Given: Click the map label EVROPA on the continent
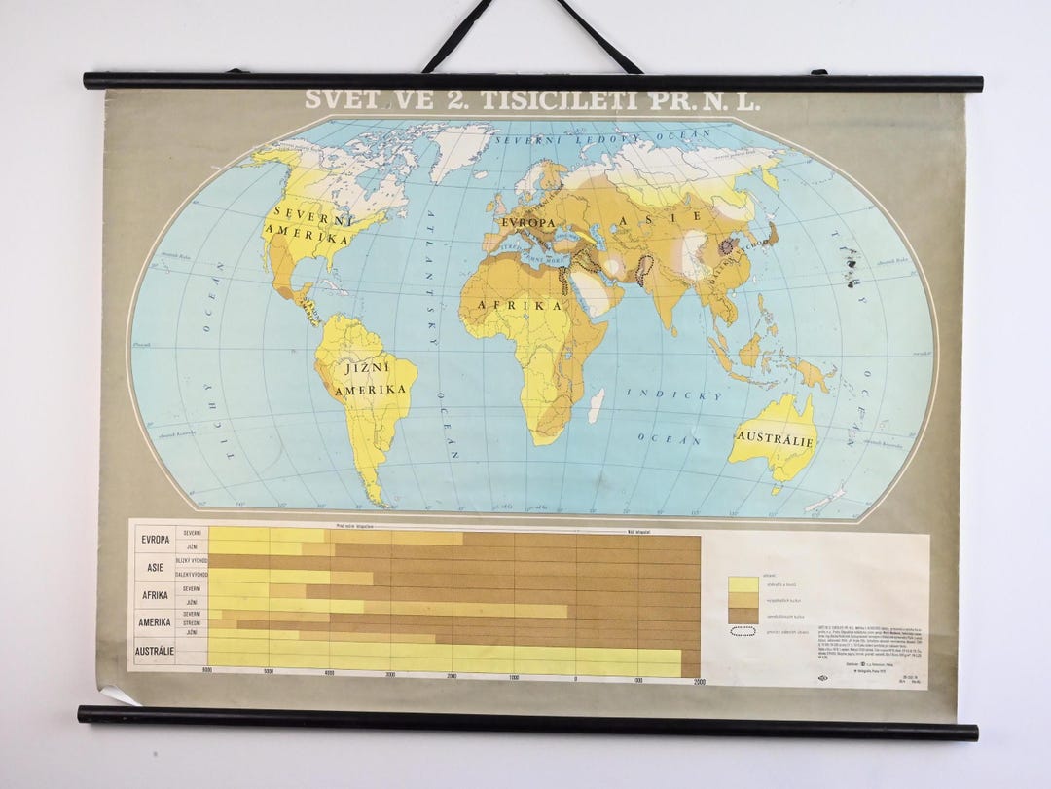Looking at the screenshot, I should tap(527, 222).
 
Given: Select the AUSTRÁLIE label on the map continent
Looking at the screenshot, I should tap(776, 439).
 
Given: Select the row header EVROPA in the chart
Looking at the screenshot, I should tap(155, 541).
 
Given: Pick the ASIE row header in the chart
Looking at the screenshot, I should tap(155, 568).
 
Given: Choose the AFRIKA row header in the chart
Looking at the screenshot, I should tap(155, 595).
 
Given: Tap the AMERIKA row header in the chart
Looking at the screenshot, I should tap(155, 621).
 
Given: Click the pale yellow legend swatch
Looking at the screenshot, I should tap(743, 583).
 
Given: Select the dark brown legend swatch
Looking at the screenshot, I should tap(743, 615).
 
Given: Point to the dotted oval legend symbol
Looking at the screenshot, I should tap(743, 631).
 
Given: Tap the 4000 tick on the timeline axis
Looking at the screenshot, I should tap(329, 674).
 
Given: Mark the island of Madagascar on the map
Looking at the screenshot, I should tap(596, 404).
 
